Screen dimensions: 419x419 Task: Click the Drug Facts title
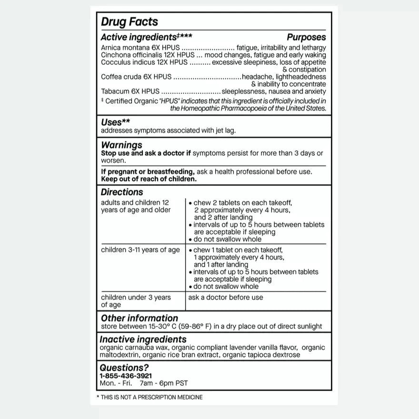pyautogui.click(x=129, y=22)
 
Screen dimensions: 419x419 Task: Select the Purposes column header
pyautogui.click(x=306, y=37)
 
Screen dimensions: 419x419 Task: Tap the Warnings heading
pyautogui.click(x=121, y=145)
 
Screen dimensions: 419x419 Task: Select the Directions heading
pyautogui.click(x=122, y=192)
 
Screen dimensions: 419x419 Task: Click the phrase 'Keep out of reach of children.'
pyautogui.click(x=149, y=179)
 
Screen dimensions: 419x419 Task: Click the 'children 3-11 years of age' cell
pyautogui.click(x=140, y=250)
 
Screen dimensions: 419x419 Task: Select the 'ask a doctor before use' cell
pyautogui.click(x=226, y=298)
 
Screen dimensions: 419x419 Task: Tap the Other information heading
pyautogui.click(x=140, y=318)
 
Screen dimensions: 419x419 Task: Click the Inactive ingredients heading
pyautogui.click(x=143, y=339)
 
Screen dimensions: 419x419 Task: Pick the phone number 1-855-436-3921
pyautogui.click(x=126, y=376)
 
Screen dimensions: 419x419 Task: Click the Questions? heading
pyautogui.click(x=124, y=368)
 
